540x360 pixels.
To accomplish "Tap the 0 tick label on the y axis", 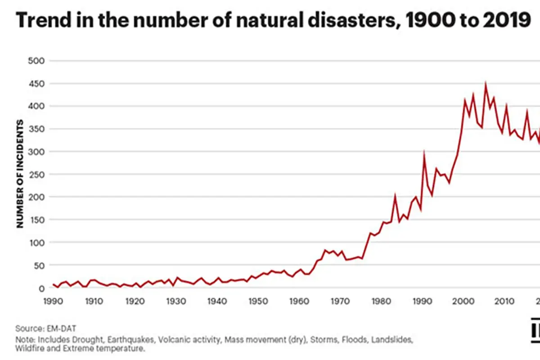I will pos(42,288).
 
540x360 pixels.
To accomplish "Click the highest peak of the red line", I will pos(485,84).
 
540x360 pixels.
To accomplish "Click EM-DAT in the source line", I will pos(54,328).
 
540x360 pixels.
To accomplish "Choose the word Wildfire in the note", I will pos(28,348).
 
